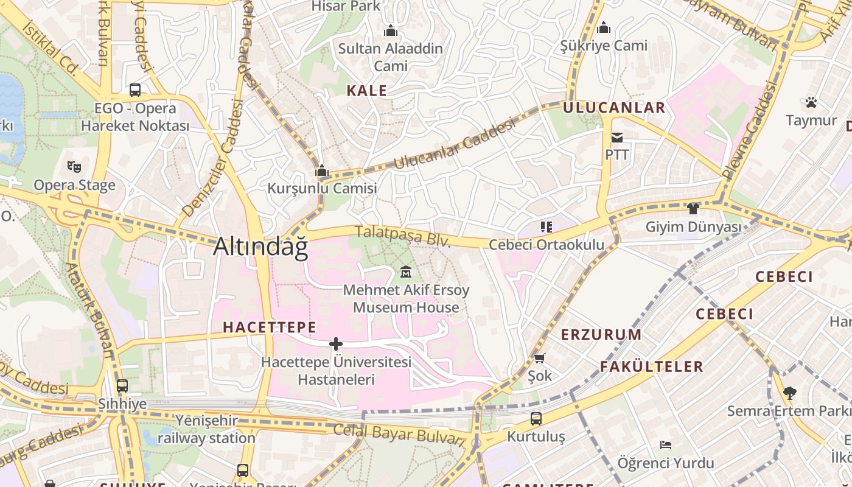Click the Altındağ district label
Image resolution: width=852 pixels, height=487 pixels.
point(260,247)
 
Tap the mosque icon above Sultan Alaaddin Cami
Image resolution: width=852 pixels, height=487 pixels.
point(391,30)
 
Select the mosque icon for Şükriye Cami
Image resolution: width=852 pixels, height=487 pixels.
point(604,27)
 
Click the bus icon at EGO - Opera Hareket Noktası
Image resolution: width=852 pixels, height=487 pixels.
point(135,90)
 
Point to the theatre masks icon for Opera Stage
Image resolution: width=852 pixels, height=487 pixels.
point(74,166)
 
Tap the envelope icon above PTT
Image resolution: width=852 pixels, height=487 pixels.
point(617,138)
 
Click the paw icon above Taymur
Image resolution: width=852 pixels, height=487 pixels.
point(811,102)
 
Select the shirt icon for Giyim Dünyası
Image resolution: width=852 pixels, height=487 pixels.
point(693,209)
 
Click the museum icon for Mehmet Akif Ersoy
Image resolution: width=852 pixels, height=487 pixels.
point(406,272)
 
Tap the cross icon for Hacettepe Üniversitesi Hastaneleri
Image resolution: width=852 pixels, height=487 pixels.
point(335,344)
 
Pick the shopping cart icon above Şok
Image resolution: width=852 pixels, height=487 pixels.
point(540,358)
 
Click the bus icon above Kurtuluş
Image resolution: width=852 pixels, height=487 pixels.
point(536,419)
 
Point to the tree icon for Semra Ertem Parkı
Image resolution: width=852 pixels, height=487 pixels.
point(789,393)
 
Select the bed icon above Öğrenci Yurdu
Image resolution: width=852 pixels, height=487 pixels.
point(666,445)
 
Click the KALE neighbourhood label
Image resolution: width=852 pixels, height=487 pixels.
point(366,91)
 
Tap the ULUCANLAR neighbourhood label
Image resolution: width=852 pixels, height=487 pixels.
point(614,108)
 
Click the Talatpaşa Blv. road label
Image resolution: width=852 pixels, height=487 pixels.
point(403,236)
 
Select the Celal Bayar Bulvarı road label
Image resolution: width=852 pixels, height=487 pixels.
point(399,433)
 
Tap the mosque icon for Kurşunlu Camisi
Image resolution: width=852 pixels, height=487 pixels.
point(322,171)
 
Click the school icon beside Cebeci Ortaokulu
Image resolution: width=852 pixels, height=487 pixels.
point(546,227)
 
